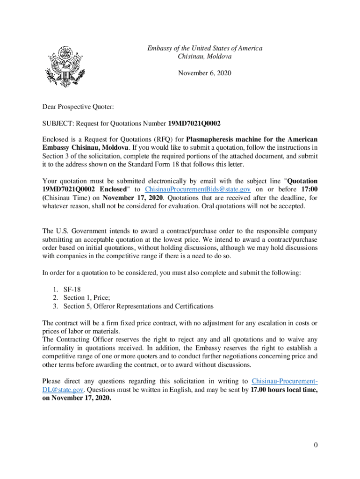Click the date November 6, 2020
(205, 73)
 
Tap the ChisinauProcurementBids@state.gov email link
(198, 189)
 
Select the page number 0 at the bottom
(316, 445)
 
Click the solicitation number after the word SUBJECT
(194, 123)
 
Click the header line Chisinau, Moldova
(205, 56)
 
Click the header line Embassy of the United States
(205, 48)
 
